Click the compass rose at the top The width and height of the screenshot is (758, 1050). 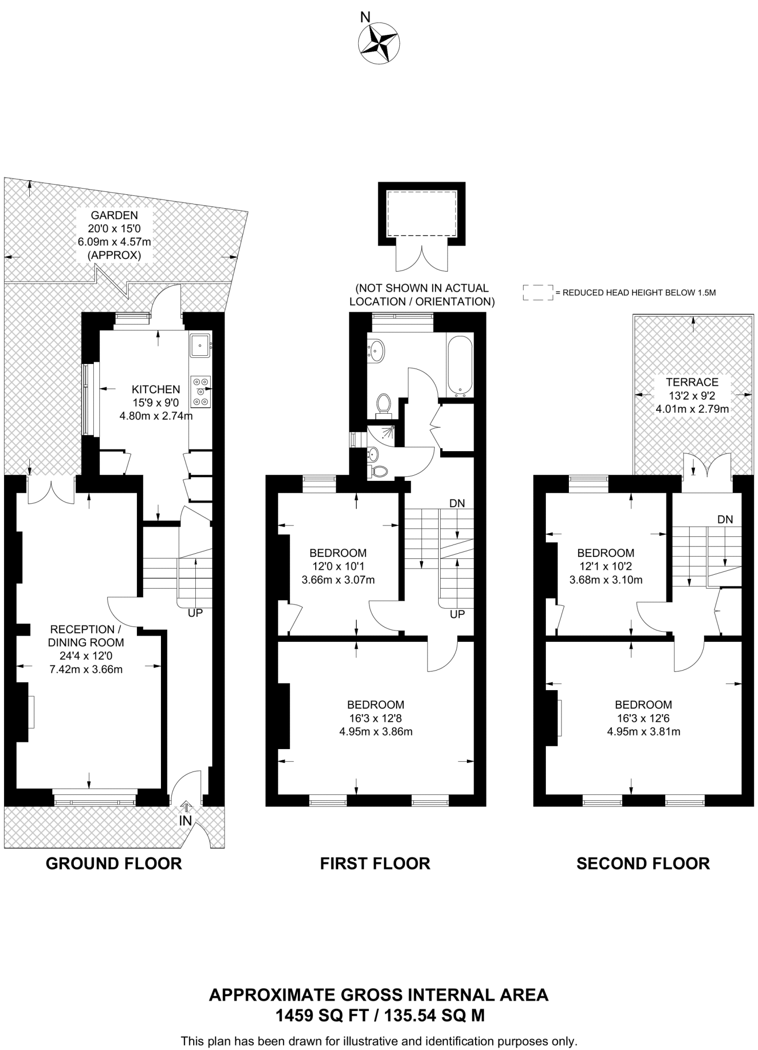(x=378, y=44)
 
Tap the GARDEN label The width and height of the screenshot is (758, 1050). (x=114, y=215)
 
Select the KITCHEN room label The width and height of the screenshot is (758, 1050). (x=156, y=390)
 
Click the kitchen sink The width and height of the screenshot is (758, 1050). (x=199, y=345)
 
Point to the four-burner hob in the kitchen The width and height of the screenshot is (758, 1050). (x=200, y=392)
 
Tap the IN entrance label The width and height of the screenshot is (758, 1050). (x=185, y=821)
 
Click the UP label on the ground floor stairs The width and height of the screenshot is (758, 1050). (x=195, y=613)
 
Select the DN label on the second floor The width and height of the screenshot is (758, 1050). (x=725, y=519)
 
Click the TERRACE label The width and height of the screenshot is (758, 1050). (x=692, y=382)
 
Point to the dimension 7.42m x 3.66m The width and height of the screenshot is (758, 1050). (x=86, y=670)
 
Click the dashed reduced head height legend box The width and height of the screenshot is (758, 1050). (x=538, y=292)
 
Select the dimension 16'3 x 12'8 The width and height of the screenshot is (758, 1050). (x=376, y=718)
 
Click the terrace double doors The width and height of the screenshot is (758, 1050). (x=707, y=473)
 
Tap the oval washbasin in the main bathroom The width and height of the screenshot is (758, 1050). (x=377, y=351)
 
